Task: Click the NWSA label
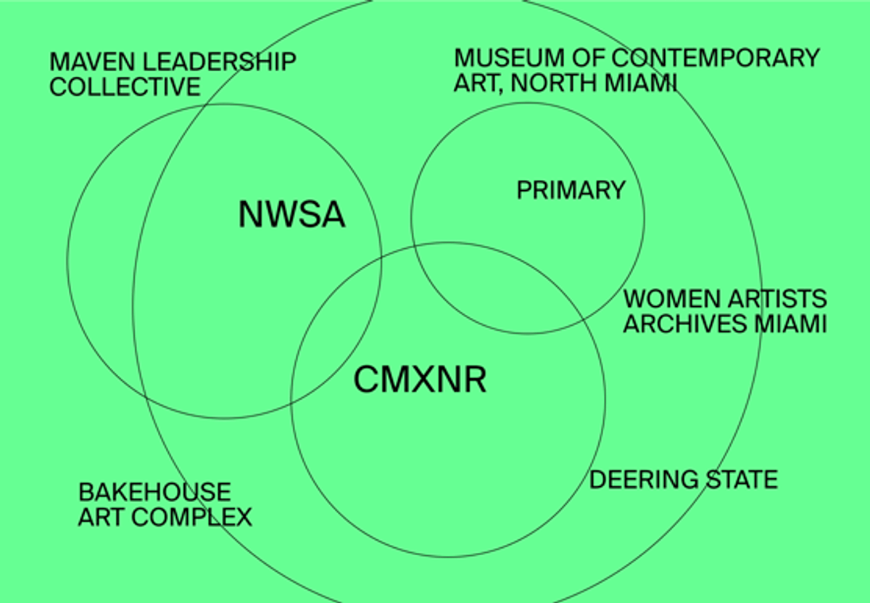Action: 291,214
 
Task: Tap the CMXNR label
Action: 420,380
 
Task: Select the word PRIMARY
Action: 571,190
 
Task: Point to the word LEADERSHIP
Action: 220,62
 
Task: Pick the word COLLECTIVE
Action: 125,86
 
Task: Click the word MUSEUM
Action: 509,58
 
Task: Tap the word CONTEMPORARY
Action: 716,58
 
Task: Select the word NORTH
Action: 555,83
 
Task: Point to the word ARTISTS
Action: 777,299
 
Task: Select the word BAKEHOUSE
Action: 155,492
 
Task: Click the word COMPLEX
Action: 192,517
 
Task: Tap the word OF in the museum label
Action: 588,58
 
